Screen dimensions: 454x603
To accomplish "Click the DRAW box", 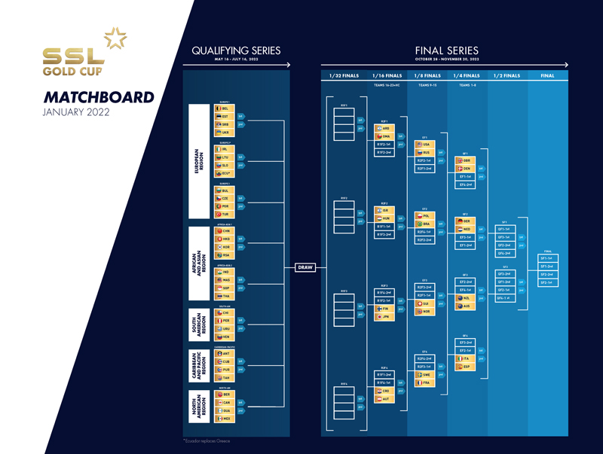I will pyautogui.click(x=305, y=267).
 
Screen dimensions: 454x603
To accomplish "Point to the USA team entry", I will pyautogui.click(x=423, y=144).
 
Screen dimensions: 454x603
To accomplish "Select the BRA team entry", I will pyautogui.click(x=423, y=224).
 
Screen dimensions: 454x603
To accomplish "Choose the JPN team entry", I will pyautogui.click(x=382, y=317).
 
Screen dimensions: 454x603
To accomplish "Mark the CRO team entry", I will pyautogui.click(x=382, y=391).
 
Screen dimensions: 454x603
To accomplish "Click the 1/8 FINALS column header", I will pyautogui.click(x=427, y=75).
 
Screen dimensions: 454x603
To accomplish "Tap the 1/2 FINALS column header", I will pyautogui.click(x=507, y=75).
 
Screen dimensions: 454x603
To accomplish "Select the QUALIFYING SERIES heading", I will pyautogui.click(x=236, y=50).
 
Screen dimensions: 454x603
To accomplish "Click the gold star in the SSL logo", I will pyautogui.click(x=115, y=38).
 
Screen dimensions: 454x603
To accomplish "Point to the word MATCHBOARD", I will pyautogui.click(x=98, y=98).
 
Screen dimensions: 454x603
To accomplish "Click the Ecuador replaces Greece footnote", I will pyautogui.click(x=207, y=440).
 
